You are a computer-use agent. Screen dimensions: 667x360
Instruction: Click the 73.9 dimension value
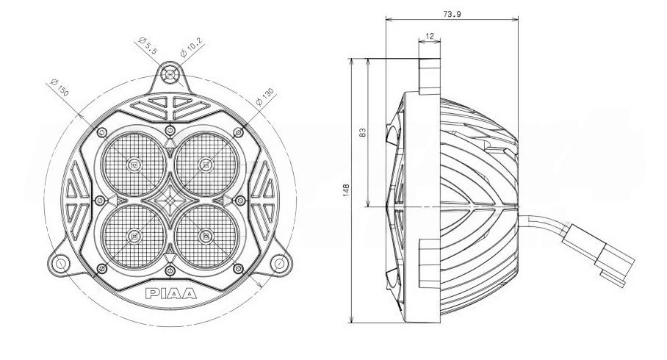[453, 14]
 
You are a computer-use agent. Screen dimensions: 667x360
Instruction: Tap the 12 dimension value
[430, 37]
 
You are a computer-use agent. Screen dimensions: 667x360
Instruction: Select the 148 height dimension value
[346, 190]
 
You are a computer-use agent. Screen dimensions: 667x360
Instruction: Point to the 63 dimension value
[362, 132]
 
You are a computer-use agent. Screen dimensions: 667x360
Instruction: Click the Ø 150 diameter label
[60, 87]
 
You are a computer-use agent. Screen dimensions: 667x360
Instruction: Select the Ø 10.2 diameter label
[192, 48]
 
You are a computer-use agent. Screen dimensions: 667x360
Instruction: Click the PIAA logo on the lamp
[171, 294]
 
